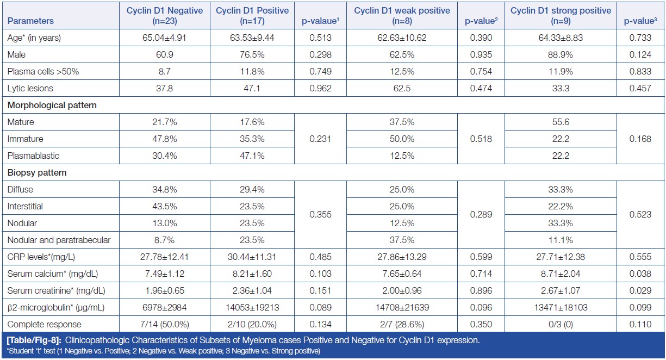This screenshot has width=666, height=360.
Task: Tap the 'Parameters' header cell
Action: (31, 21)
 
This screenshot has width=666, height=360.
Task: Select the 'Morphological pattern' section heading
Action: (52, 105)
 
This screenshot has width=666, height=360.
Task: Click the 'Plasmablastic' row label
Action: (30, 156)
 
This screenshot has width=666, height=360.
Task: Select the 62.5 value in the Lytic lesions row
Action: (402, 89)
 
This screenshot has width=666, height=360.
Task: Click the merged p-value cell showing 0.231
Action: (320, 139)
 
